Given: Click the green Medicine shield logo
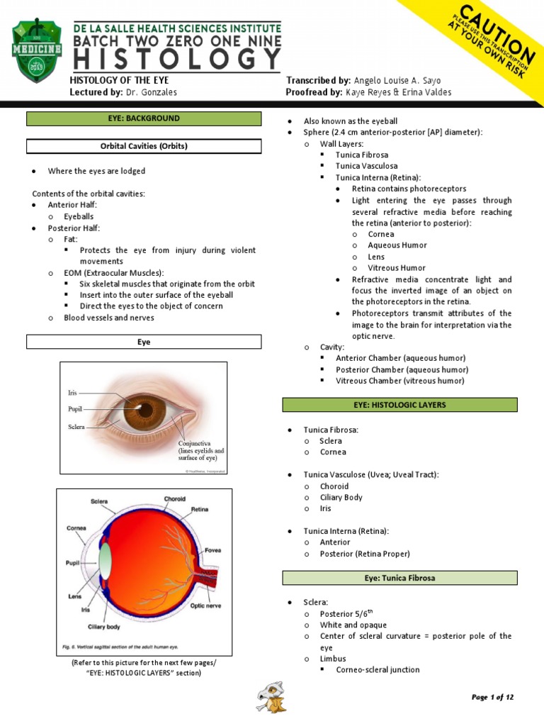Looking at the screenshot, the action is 38,51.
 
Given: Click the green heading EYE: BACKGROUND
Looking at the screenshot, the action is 144,118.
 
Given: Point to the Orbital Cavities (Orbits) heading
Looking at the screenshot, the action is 144,147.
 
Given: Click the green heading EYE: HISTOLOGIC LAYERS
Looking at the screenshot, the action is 399,405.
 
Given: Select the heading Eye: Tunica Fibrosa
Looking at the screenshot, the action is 399,578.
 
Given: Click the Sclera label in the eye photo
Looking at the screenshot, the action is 76,427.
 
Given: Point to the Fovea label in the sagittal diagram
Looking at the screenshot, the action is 214,549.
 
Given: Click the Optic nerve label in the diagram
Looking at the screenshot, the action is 207,605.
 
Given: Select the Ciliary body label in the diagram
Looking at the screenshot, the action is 103,627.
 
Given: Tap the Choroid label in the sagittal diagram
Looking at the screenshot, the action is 174,498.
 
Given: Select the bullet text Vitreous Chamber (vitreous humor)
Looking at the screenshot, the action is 399,381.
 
